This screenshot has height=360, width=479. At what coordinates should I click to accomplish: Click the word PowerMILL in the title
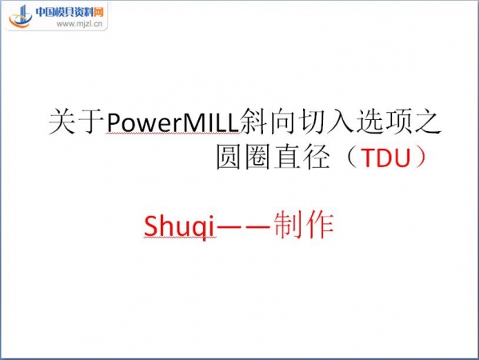[173, 123]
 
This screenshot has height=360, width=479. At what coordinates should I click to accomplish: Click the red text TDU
[385, 158]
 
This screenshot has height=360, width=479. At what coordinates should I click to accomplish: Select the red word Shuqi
[179, 226]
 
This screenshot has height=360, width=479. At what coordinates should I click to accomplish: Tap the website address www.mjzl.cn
[79, 24]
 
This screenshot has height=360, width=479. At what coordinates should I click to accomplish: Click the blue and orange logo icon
[21, 16]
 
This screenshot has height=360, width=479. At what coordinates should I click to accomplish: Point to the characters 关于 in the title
[77, 122]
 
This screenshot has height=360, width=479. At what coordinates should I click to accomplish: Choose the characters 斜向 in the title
[269, 122]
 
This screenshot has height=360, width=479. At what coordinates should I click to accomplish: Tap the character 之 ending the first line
[428, 122]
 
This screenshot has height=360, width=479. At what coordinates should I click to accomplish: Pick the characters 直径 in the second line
[301, 157]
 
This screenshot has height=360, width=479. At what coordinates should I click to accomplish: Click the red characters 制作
[304, 226]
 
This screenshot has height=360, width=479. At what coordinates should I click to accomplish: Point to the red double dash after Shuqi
[244, 226]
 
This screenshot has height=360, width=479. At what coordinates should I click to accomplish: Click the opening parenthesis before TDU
[352, 157]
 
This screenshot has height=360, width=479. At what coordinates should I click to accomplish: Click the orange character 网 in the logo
[98, 12]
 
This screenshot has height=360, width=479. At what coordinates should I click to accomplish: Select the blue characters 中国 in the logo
[45, 12]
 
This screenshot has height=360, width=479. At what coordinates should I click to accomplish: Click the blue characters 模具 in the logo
[65, 12]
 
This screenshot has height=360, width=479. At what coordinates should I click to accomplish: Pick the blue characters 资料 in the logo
[84, 12]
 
